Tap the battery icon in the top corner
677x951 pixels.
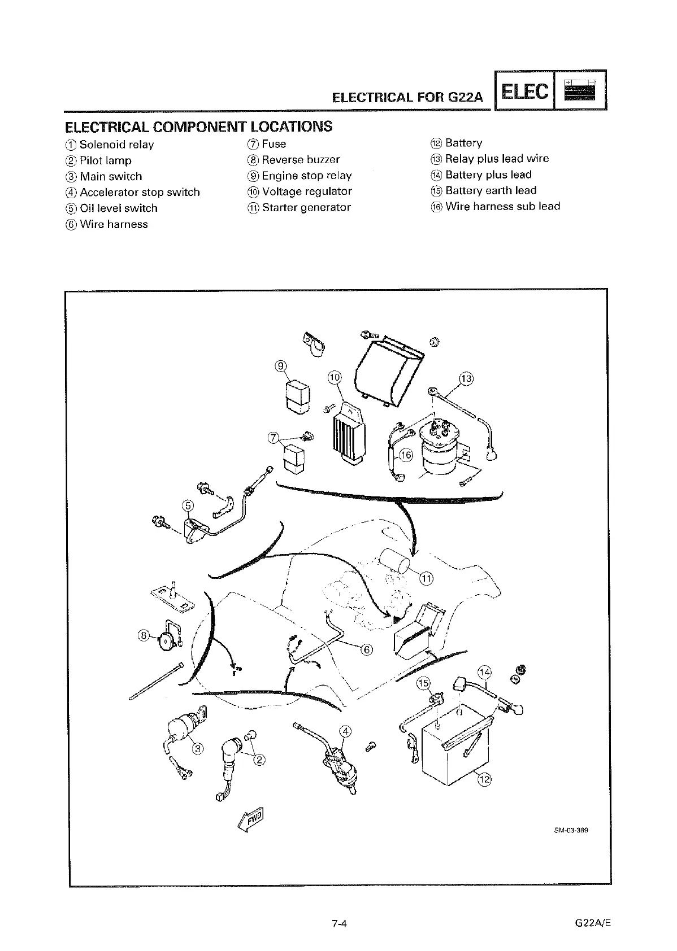(x=580, y=90)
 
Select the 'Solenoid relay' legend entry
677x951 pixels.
(x=110, y=145)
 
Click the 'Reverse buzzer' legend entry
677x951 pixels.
(x=294, y=160)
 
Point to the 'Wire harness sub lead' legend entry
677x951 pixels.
(x=496, y=206)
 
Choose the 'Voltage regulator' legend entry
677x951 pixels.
(x=300, y=191)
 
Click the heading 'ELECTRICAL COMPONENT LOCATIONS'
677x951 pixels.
(x=198, y=126)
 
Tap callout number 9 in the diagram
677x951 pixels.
(x=281, y=366)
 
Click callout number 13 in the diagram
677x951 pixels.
(x=466, y=378)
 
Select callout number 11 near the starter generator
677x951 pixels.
(x=426, y=578)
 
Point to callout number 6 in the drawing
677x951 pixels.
(x=366, y=649)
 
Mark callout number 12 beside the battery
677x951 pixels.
(x=484, y=780)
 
